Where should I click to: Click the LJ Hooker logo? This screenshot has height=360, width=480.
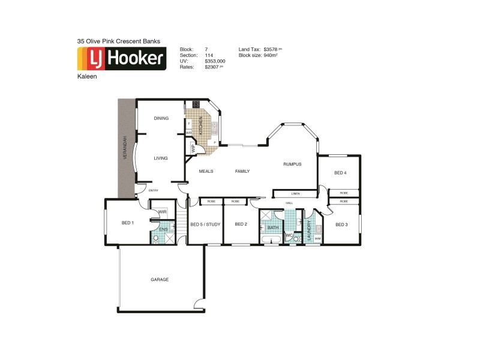(x=122, y=58)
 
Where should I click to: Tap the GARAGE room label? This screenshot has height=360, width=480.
(x=160, y=280)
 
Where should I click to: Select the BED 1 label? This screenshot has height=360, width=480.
(x=128, y=223)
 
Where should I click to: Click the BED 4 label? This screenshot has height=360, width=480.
(x=340, y=173)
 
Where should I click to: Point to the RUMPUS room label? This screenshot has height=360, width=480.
(x=292, y=164)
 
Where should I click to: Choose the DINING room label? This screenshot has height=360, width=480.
(x=161, y=118)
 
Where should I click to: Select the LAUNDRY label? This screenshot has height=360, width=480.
(x=310, y=230)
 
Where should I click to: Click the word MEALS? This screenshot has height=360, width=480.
(x=206, y=172)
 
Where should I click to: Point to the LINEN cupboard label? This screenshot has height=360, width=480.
(x=295, y=194)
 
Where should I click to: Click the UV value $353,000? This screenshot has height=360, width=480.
(x=215, y=61)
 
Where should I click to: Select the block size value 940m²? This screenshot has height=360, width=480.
(x=271, y=55)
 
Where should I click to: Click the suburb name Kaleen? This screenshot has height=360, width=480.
(x=86, y=77)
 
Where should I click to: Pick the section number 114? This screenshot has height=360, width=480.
(x=209, y=55)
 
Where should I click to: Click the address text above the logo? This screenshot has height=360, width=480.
(x=118, y=41)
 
